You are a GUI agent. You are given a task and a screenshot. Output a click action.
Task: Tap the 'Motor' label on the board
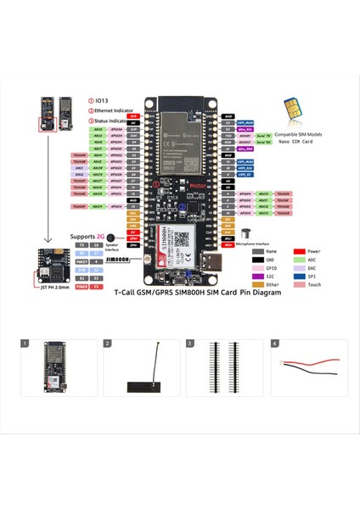[175, 184]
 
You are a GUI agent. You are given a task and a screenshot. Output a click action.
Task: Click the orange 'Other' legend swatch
[257, 284]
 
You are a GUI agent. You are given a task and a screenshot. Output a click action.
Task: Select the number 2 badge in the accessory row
[108, 344]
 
